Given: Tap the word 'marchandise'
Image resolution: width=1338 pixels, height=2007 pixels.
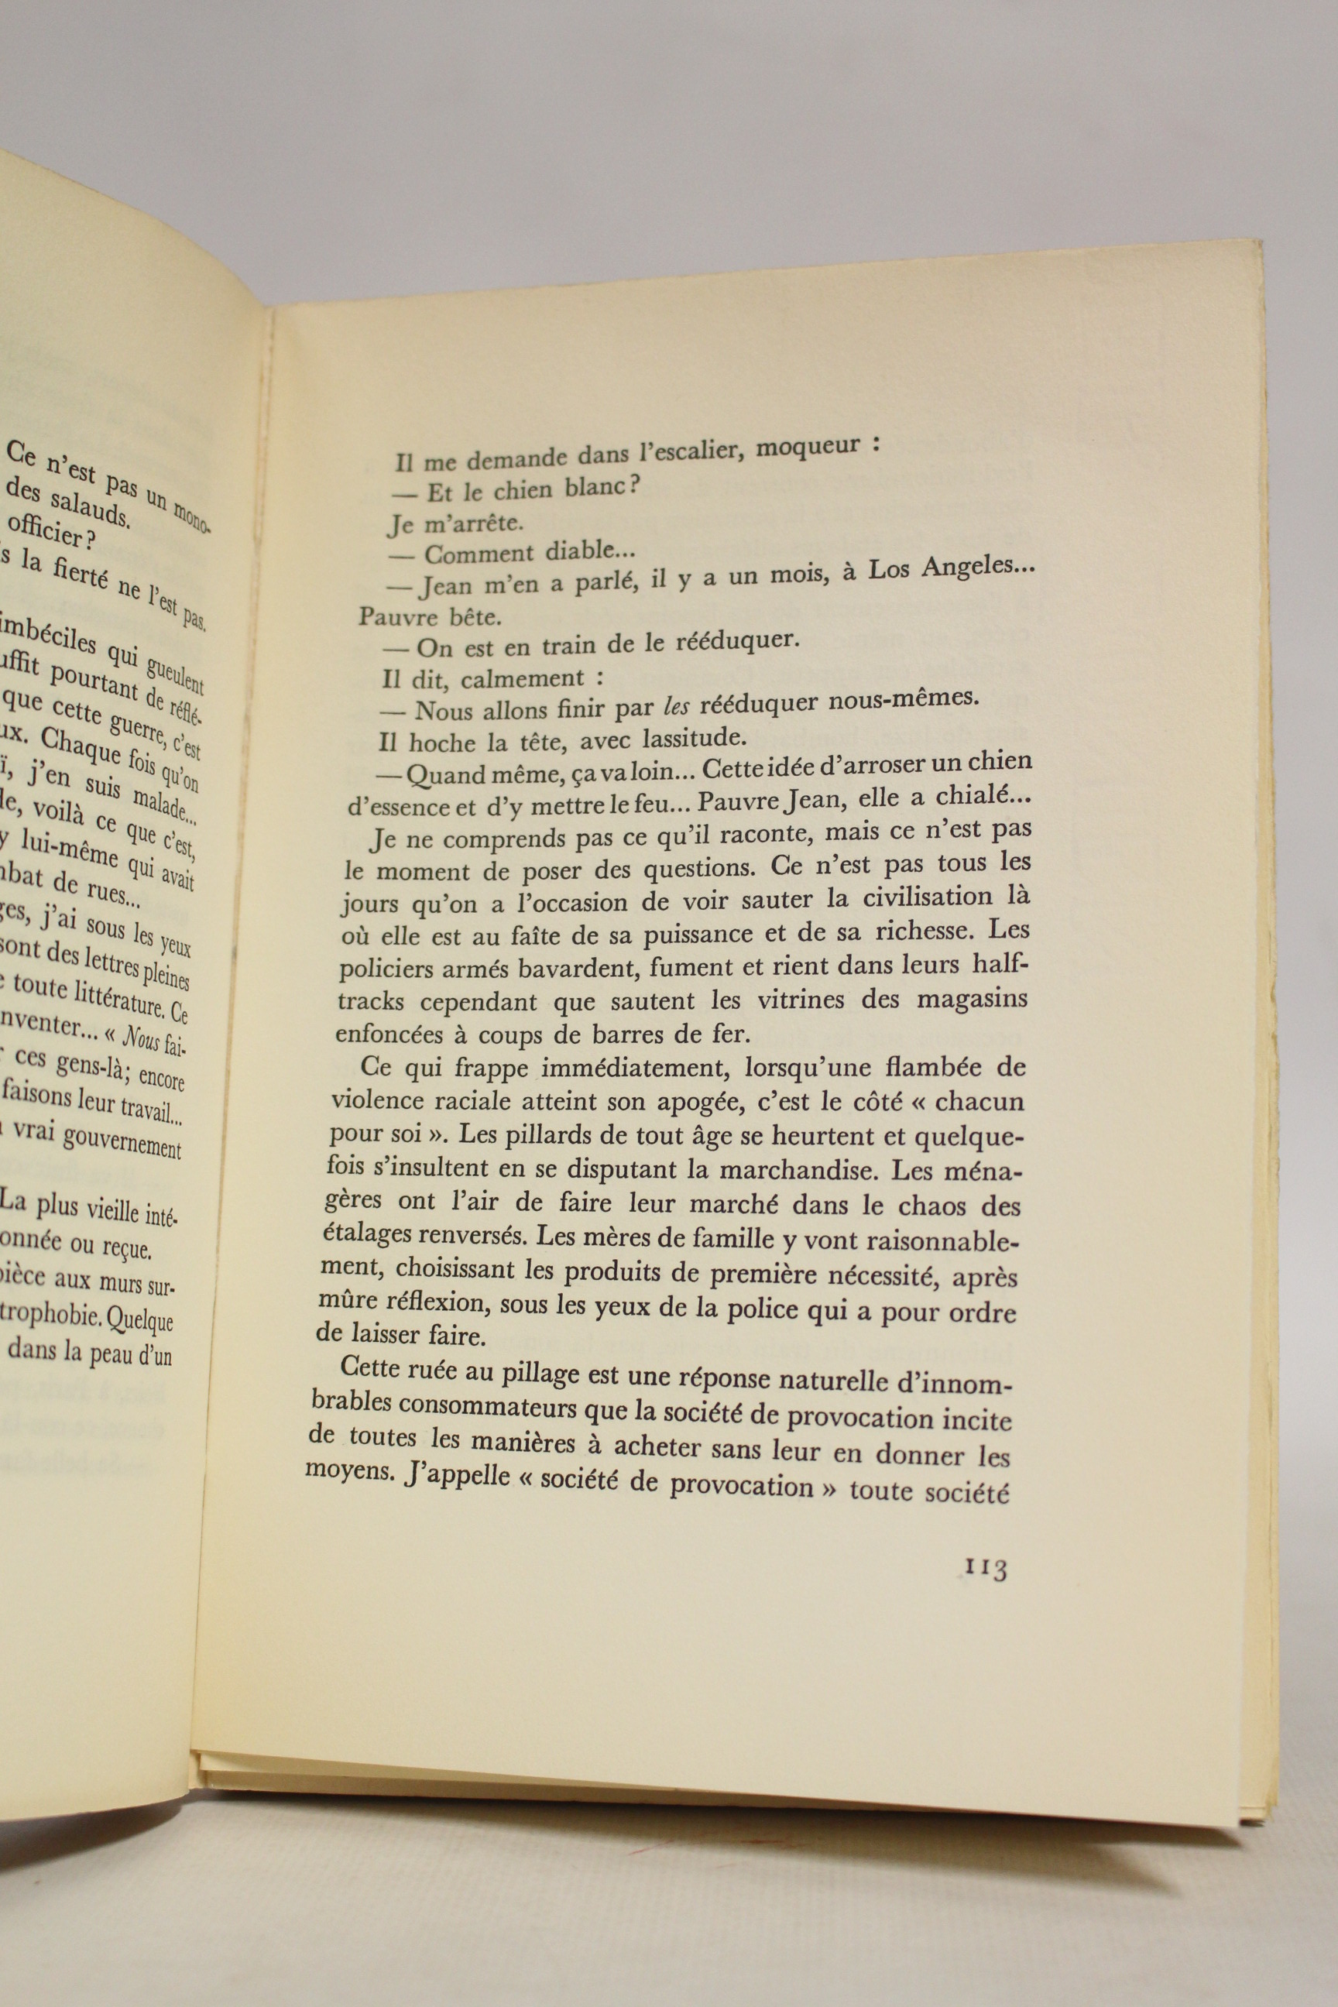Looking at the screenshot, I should click(x=854, y=1171).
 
